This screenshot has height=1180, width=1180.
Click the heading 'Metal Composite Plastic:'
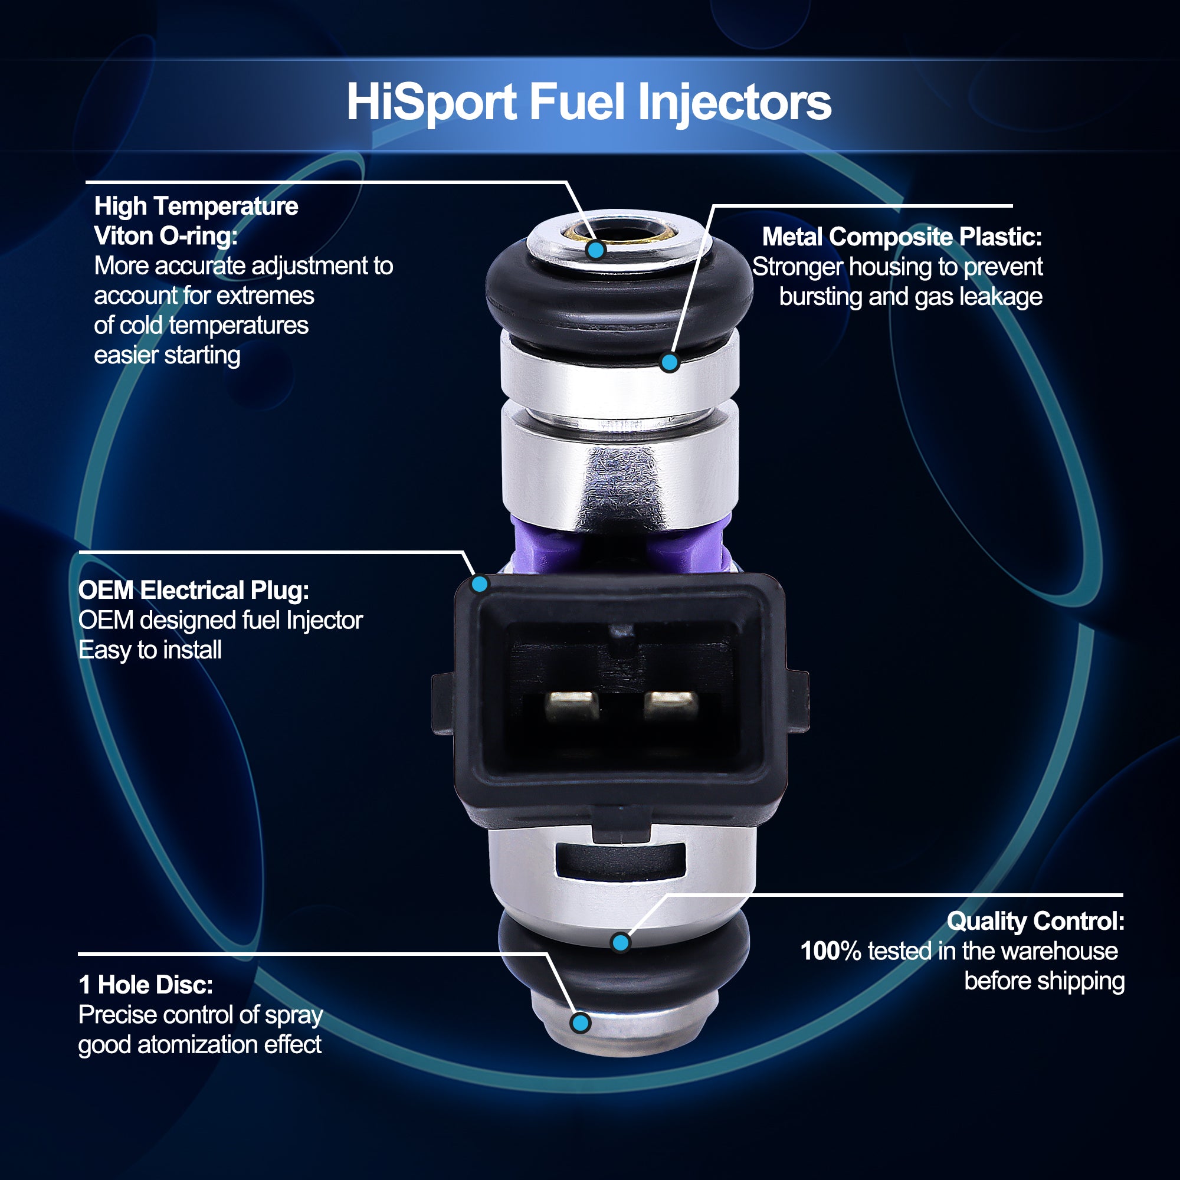pos(902,237)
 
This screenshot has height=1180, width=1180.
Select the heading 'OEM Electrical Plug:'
pos(194,591)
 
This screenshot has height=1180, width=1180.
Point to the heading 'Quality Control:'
pos(1035,921)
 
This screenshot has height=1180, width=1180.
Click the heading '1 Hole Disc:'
pos(145,985)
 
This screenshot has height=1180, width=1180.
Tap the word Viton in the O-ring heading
pos(122,237)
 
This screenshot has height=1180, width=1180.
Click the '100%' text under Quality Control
pos(831,951)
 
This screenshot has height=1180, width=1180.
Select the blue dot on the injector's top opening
pos(595,249)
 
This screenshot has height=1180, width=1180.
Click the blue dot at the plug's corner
pos(480,584)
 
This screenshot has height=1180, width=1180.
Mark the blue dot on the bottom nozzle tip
pos(580,1022)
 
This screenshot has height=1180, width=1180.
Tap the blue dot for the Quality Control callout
pos(621,942)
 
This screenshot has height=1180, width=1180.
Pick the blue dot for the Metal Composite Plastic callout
pos(670,362)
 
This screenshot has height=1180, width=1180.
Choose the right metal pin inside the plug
pos(670,706)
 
